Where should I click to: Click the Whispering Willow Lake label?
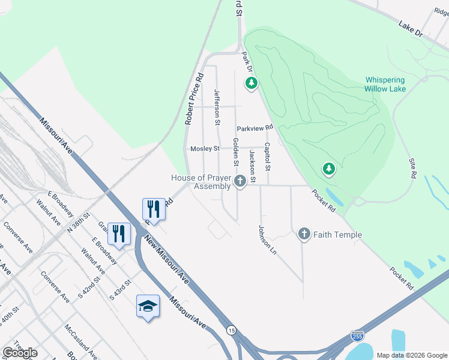tap(385, 84)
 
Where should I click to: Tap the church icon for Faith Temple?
tap(304, 235)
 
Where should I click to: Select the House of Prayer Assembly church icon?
tap(240, 181)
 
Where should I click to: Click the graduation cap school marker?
tap(148, 306)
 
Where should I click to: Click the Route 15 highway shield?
tap(231, 329)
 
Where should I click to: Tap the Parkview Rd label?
tap(255, 128)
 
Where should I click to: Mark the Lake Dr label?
tap(411, 29)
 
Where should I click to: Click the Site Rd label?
tap(413, 169)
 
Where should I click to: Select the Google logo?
tap(20, 352)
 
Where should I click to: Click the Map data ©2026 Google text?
tap(411, 355)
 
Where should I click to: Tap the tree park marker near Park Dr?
tap(252, 83)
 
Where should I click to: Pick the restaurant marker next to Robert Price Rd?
tap(154, 209)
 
